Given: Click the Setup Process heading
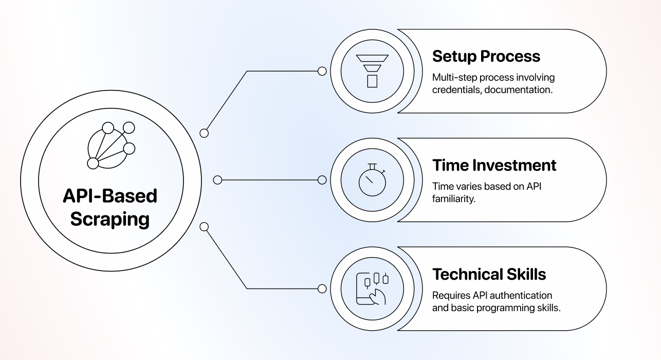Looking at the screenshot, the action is [486, 57].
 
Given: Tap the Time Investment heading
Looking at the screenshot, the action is [494, 165].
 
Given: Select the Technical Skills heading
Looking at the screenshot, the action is [489, 274].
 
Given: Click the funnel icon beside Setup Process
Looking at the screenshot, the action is [372, 71].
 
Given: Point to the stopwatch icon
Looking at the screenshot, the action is [372, 180].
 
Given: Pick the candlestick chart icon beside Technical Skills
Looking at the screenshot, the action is [372, 289].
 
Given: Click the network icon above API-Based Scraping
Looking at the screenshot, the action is [111, 146].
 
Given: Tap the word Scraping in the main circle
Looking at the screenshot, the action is [110, 220].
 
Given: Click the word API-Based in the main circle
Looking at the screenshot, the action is [110, 196].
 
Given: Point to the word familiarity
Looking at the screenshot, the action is [454, 199].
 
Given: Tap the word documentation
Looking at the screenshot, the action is [519, 90].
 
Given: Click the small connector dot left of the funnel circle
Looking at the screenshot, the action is [322, 71].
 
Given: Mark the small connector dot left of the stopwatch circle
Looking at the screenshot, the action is [322, 180].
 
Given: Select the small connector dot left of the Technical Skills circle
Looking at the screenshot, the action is [322, 289].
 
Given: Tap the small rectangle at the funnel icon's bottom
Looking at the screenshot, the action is [372, 81].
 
